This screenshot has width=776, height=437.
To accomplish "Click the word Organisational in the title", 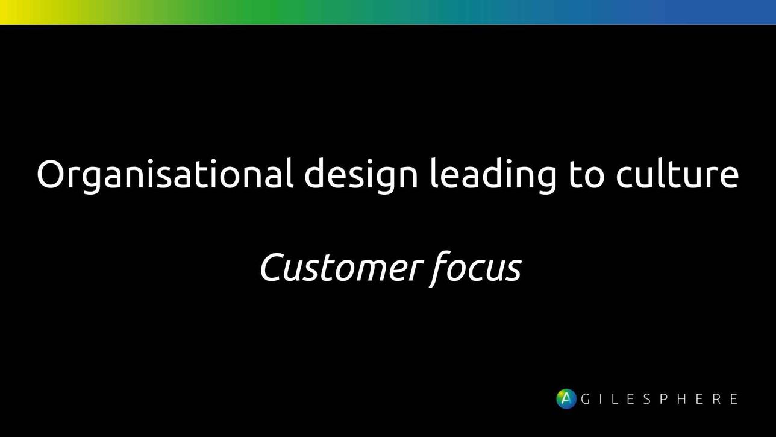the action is coord(165,175).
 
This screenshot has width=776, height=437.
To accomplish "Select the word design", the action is coord(361,175).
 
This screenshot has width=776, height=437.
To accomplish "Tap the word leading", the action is coord(493,175).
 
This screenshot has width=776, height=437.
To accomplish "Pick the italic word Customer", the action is coord(342,268).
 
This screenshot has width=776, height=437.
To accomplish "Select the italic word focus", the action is coord(475,269).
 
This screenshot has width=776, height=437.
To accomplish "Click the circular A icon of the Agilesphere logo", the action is coord(566,399).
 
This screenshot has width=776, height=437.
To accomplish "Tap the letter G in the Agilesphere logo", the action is coord(586,399).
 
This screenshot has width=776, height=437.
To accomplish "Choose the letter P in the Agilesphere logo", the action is coord(664,399).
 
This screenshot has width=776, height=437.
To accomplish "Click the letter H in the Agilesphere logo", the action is coord(682,399).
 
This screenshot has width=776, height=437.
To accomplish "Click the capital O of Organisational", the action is coord(51,174).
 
